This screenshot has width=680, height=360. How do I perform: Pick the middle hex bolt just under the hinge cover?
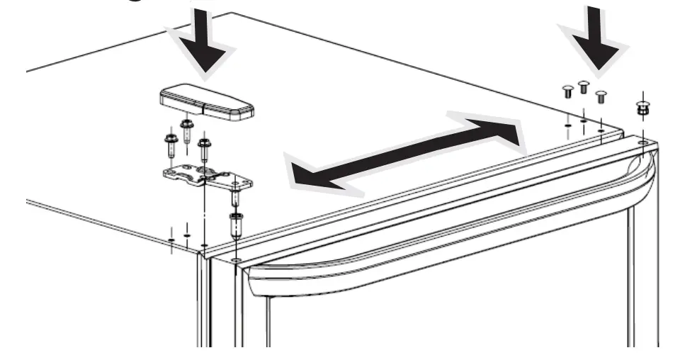point(188,130)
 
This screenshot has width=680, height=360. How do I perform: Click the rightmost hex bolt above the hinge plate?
point(204,148)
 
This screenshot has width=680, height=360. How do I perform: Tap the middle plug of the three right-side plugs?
point(584,87)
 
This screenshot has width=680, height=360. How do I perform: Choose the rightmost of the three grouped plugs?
point(601,96)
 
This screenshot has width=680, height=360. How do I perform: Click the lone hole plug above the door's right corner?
point(642,110)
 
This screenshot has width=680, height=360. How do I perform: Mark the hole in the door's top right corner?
point(642,142)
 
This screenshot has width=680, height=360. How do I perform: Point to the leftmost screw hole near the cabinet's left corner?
point(171,240)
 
